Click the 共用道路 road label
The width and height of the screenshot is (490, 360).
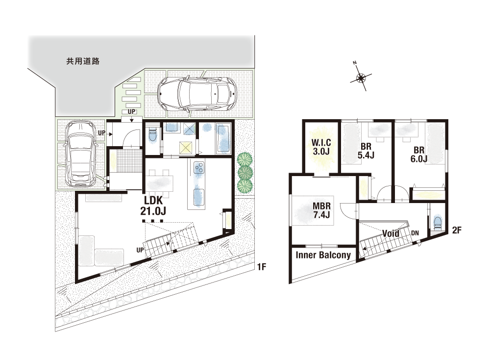click(83, 61)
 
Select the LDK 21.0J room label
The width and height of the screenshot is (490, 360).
click(153, 206)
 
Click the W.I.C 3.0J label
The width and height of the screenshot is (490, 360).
click(321, 147)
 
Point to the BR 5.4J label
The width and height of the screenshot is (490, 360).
click(366, 151)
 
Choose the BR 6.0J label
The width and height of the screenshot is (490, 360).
click(419, 154)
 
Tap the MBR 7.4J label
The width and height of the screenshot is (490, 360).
click(321, 210)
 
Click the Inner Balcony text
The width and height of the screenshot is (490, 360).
click(323, 255)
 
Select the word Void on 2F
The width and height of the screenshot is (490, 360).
click(391, 233)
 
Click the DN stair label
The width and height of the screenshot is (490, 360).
click(415, 233)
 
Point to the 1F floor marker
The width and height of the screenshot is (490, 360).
click(261, 267)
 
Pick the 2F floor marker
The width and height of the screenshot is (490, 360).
click(457, 231)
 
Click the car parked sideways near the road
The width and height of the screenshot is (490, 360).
click(197, 94)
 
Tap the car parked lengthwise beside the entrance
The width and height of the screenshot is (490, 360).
click(80, 153)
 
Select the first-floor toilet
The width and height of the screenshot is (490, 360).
click(152, 135)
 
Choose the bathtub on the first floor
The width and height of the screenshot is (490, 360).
click(223, 138)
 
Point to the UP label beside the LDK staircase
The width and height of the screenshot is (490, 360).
click(140, 250)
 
